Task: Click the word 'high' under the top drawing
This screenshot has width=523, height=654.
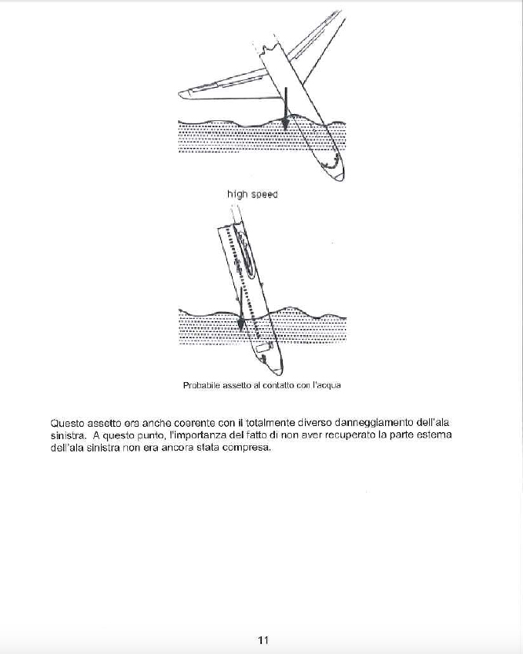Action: (x=236, y=195)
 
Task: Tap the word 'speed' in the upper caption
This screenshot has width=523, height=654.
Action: (x=263, y=195)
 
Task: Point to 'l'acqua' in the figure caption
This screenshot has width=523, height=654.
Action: (x=327, y=385)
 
